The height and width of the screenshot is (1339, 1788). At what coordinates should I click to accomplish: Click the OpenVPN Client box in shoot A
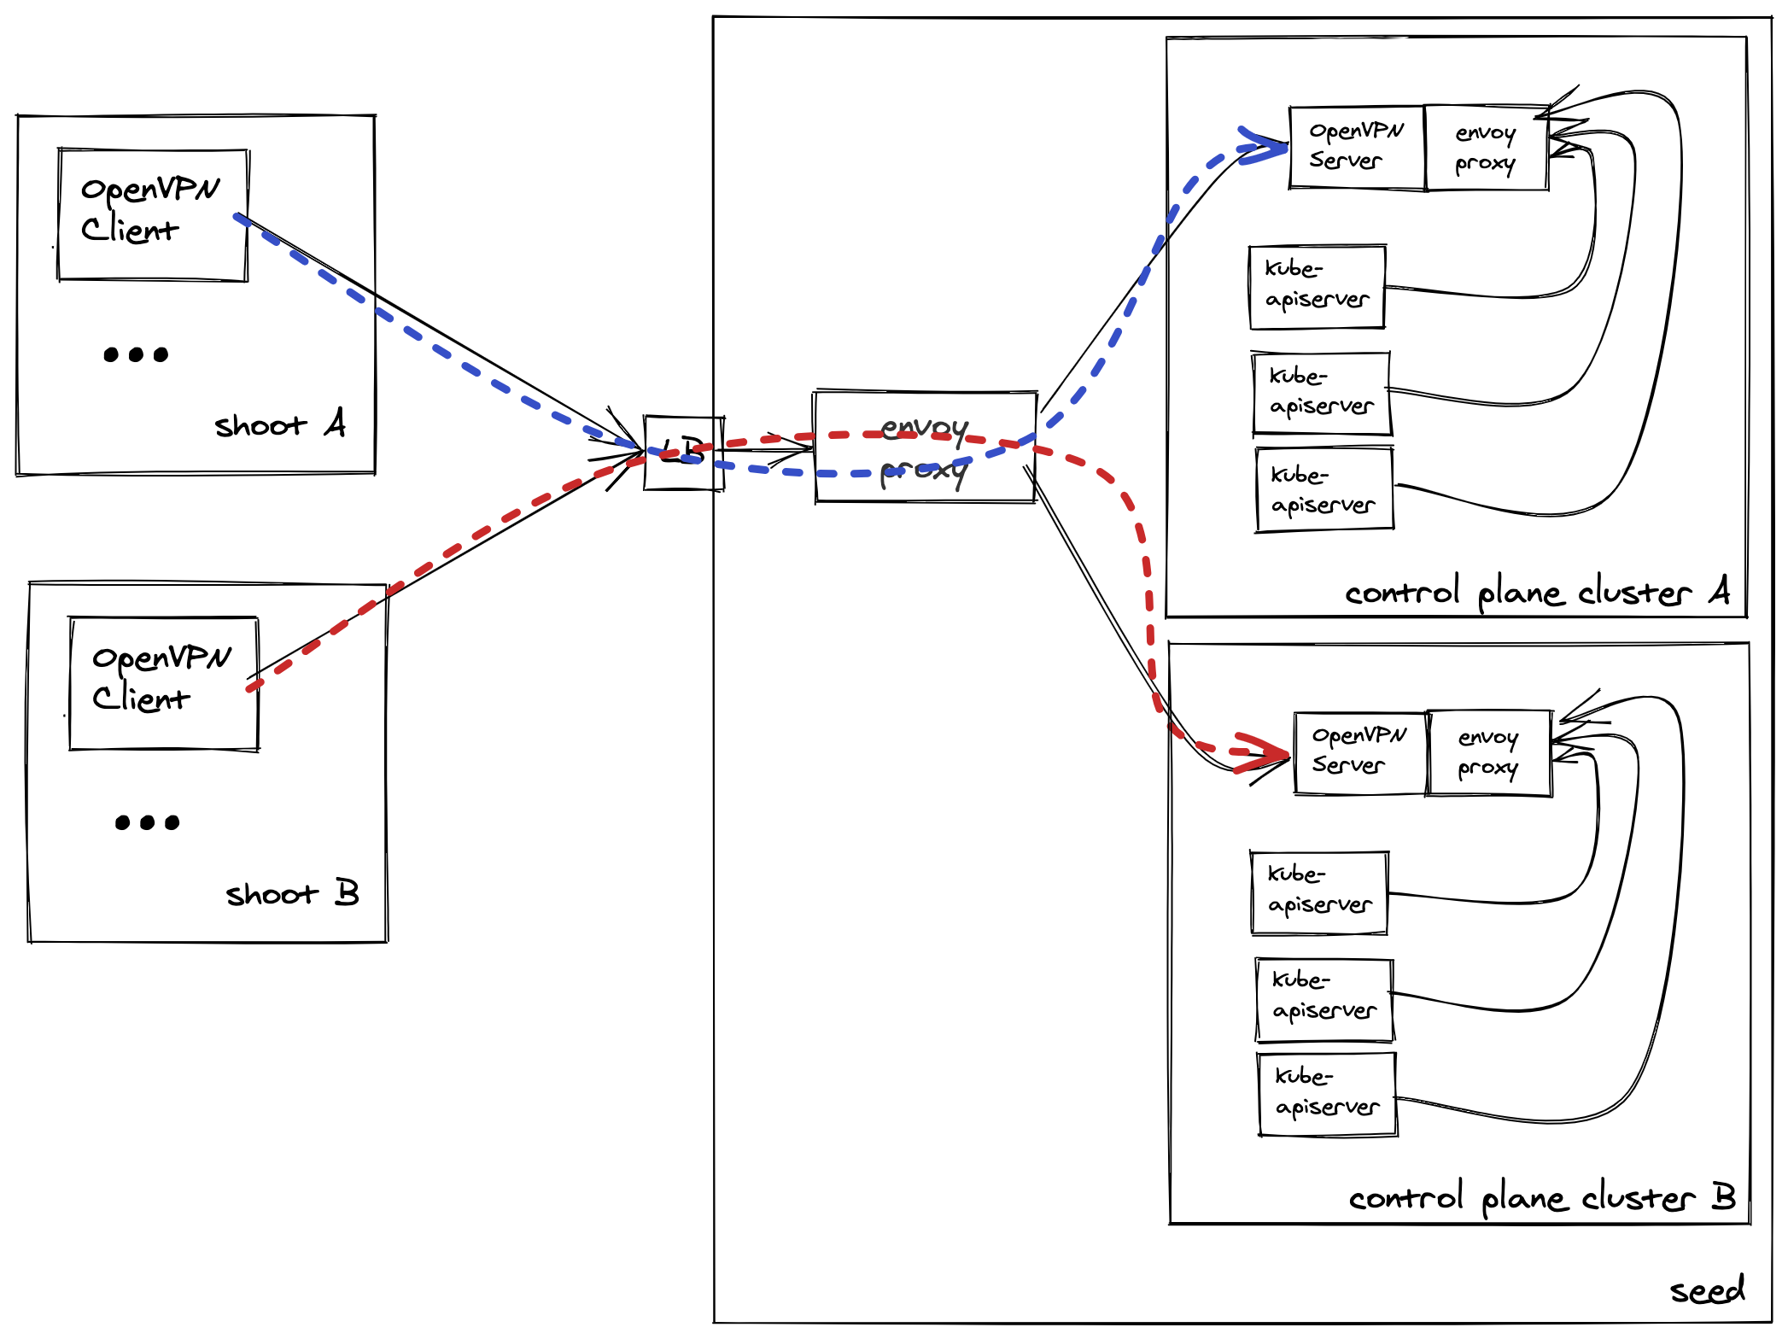tap(153, 214)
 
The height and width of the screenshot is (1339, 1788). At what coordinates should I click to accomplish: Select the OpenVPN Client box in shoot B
tap(164, 683)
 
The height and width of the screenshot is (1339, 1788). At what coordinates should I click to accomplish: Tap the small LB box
tap(684, 453)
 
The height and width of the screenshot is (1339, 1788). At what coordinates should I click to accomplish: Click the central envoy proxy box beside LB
tap(926, 447)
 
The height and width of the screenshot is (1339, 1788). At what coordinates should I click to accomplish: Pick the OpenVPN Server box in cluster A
tap(1357, 147)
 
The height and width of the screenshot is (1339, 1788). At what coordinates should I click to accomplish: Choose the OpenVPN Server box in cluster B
tap(1360, 752)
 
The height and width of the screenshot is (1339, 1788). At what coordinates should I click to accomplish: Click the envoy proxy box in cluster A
tap(1487, 148)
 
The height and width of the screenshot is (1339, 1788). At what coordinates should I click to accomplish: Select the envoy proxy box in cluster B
tap(1489, 752)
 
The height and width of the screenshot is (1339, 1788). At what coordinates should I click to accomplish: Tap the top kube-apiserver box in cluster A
tap(1317, 287)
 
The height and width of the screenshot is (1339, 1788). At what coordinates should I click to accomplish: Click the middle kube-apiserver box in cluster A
tap(1322, 394)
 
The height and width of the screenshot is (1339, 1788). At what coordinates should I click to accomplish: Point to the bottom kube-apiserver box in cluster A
tap(1324, 490)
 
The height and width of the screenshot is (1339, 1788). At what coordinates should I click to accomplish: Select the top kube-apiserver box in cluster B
tap(1319, 892)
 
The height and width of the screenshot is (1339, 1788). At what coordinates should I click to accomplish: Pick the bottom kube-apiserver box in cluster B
tap(1328, 1094)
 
